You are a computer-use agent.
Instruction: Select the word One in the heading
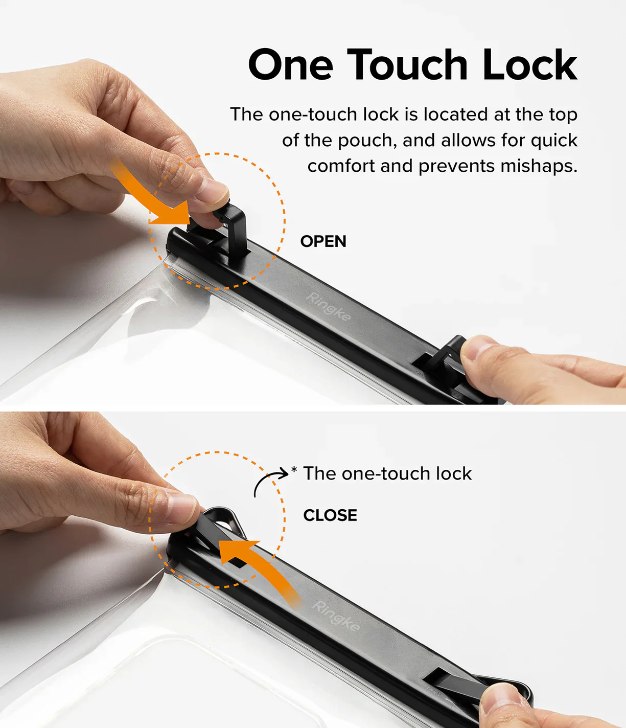pyautogui.click(x=290, y=65)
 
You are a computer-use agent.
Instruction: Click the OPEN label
pyautogui.click(x=323, y=241)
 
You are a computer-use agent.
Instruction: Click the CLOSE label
pyautogui.click(x=330, y=515)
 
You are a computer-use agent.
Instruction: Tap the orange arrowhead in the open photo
pyautogui.click(x=173, y=213)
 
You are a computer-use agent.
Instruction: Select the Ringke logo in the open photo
pyautogui.click(x=328, y=307)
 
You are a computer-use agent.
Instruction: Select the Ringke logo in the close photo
pyautogui.click(x=336, y=617)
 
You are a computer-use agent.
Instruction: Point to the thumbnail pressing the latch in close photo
pyautogui.click(x=182, y=508)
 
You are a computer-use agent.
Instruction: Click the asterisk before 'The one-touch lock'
pyautogui.click(x=294, y=470)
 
